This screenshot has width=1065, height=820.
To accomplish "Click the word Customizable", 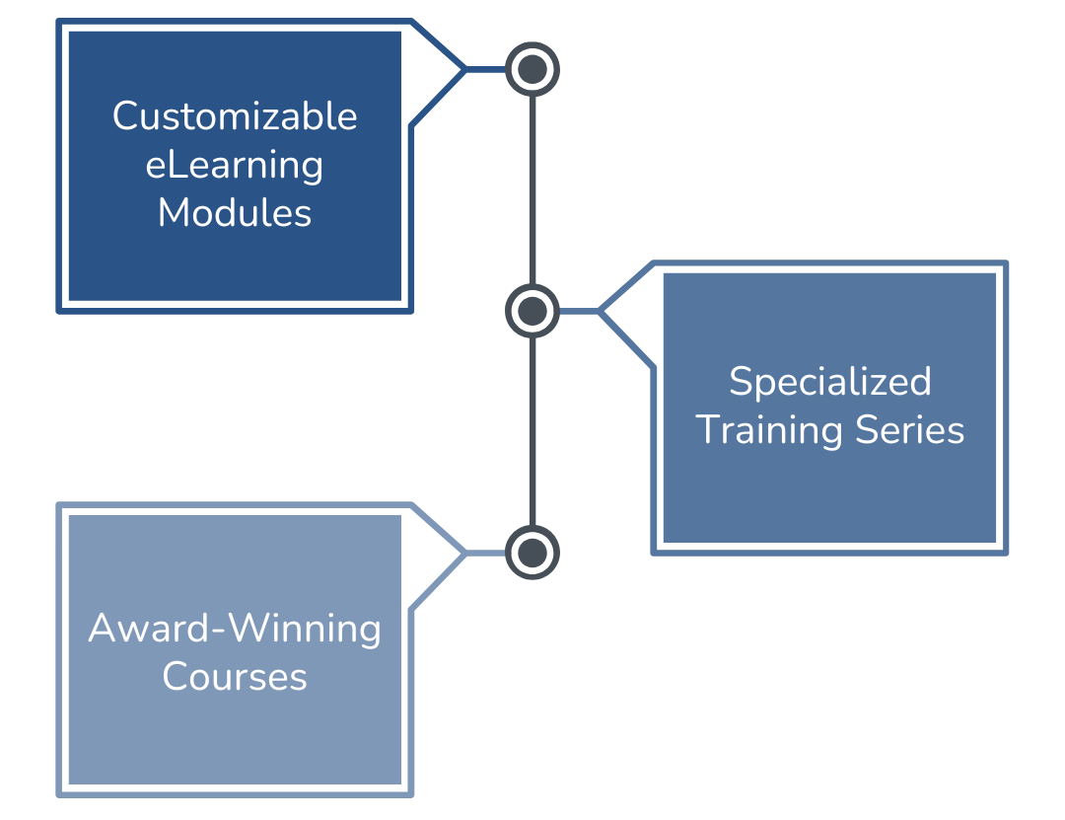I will (235, 116).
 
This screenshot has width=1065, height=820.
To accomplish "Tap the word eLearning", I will (235, 165).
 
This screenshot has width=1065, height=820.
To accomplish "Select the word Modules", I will (235, 212).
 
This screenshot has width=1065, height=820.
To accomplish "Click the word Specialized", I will (829, 382).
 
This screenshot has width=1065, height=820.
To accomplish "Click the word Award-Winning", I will (235, 629).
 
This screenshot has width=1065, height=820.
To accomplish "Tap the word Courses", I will (235, 677).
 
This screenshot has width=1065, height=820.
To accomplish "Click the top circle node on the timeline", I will (532, 69).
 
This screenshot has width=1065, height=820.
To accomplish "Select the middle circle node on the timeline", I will (532, 312).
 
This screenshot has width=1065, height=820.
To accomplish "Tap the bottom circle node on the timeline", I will (532, 553).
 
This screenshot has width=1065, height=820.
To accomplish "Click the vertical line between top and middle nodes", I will (532, 187).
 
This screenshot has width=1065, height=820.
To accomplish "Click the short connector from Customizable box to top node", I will (485, 69).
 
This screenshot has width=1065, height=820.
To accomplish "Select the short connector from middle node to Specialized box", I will (580, 312).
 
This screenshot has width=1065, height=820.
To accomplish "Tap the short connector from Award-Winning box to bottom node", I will (485, 553).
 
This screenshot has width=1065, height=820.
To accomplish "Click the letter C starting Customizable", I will (124, 116).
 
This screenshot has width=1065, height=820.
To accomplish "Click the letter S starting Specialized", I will (740, 382).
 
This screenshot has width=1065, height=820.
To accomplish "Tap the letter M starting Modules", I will (174, 212).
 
